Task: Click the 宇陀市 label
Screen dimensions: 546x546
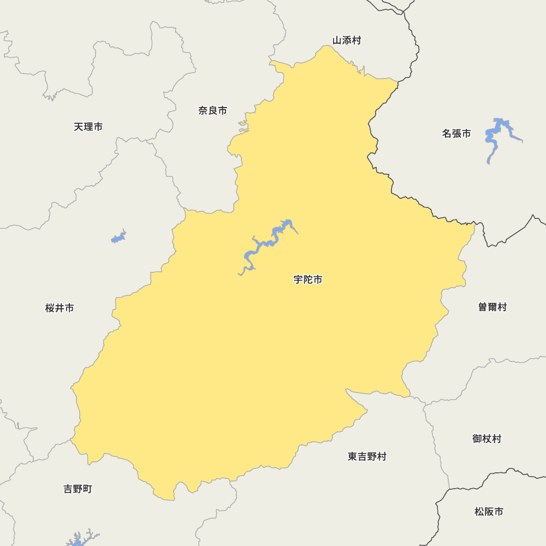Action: (308, 280)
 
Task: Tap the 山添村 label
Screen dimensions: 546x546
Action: (347, 40)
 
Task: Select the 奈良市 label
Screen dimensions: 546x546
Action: (212, 110)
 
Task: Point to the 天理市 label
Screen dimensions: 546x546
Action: (88, 127)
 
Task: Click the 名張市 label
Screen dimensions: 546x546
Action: (456, 133)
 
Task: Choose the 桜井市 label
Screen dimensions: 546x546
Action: (60, 308)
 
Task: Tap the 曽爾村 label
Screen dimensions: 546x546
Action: (492, 307)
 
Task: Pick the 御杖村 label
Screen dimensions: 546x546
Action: (486, 438)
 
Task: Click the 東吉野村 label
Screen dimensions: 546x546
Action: (367, 456)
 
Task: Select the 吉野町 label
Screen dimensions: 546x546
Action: (78, 489)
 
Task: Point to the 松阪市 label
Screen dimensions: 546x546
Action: (489, 512)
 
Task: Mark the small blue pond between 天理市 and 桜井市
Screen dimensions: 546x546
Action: (118, 238)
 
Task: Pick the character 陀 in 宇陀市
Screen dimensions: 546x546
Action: (308, 280)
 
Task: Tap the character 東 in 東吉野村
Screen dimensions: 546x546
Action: (353, 456)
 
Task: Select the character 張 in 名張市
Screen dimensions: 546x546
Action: (456, 133)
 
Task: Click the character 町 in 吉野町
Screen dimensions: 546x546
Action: (87, 489)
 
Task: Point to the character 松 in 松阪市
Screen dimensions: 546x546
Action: (479, 512)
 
